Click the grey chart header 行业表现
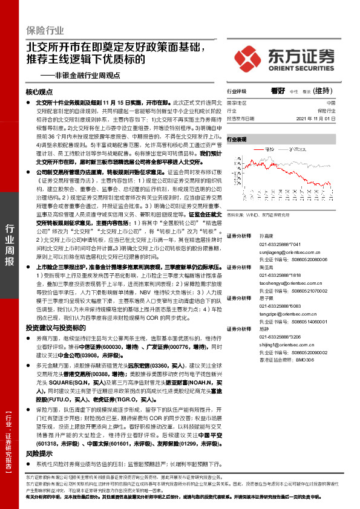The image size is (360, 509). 237,139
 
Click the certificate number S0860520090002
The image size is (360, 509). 305,351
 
